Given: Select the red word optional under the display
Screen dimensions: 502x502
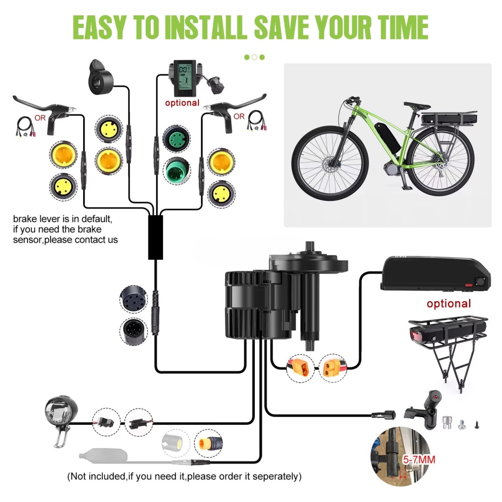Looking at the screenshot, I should (182, 103).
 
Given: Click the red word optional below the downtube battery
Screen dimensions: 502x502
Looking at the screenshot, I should (449, 304).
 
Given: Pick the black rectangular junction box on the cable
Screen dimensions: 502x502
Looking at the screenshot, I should (155, 237).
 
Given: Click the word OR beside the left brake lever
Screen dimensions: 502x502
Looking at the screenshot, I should (40, 118).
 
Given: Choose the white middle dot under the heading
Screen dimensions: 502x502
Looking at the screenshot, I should (254, 57).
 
